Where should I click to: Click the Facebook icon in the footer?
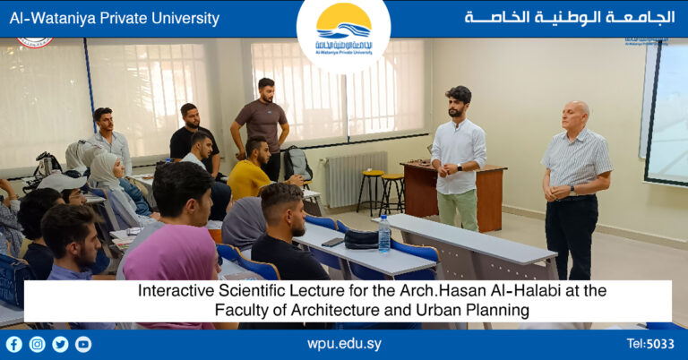tap(13, 344)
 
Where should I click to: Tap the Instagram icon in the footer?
tap(37, 344)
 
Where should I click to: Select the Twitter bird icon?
tap(60, 344)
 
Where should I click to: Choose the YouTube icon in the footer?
tap(83, 344)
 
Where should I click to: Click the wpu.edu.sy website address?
tap(343, 344)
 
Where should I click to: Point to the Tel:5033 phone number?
tap(651, 344)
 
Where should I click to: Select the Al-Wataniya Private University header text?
tap(115, 18)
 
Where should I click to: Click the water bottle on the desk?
tap(383, 235)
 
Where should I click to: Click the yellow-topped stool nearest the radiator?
tap(370, 189)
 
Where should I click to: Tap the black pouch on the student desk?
tap(361, 239)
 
